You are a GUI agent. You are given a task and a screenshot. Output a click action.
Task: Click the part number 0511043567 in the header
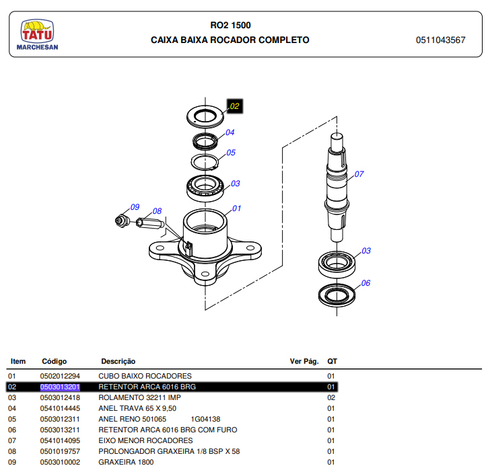coord(440,40)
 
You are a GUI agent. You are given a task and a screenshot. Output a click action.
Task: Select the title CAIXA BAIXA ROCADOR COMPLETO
coord(230,40)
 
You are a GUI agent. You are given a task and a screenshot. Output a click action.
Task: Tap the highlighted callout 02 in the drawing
coord(234,106)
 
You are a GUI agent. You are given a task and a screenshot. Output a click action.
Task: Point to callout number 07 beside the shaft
coord(359,174)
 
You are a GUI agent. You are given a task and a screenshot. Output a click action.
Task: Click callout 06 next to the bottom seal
coord(365,283)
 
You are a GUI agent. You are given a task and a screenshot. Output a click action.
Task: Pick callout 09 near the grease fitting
coord(135,207)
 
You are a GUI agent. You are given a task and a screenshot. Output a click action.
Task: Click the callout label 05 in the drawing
coord(231,153)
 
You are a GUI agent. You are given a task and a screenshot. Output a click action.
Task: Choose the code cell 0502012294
coord(60,376)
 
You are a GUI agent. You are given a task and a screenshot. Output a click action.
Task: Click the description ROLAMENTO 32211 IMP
coord(139,397)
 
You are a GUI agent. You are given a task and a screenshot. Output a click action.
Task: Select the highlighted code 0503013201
coord(60,387)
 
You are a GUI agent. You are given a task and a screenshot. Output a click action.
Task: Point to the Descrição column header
coord(118,361)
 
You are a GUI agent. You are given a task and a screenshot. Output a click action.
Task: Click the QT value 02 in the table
coord(331,397)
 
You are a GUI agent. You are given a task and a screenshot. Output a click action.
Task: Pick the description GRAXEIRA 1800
coord(126,462)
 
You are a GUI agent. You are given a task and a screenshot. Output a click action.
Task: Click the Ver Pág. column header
coord(304,361)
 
